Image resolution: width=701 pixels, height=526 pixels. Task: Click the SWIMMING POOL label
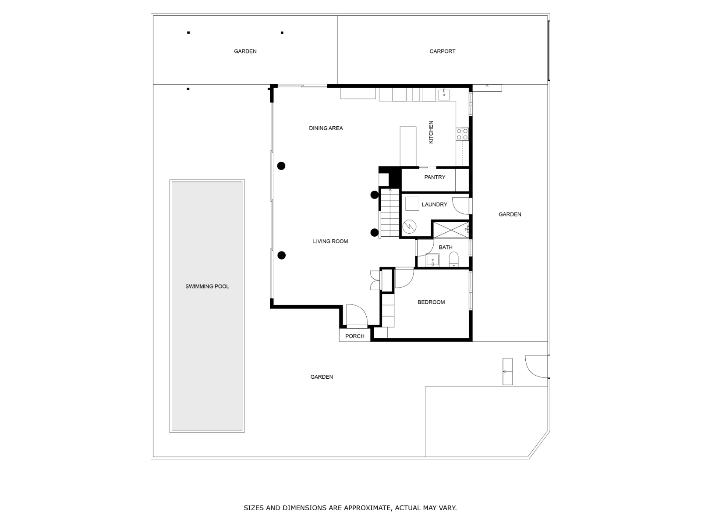pos(207,287)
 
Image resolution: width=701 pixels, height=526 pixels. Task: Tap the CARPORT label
pos(442,51)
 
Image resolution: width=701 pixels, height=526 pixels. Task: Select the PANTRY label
pos(435,177)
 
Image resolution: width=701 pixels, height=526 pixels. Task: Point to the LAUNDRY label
pos(434,205)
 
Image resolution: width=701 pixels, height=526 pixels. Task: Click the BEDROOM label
pos(431,302)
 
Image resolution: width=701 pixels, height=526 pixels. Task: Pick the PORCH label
pos(354,336)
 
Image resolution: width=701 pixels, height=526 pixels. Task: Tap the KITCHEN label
pos(431,132)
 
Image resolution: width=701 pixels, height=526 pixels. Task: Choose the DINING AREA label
pos(326,128)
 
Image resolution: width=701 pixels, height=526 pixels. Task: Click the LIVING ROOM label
pos(330,242)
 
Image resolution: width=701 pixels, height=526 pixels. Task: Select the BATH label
pos(446,248)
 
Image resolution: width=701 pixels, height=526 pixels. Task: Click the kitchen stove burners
pos(462,134)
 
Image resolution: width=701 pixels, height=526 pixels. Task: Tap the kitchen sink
pos(444,94)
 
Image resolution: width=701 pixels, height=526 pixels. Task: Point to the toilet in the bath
pos(453,259)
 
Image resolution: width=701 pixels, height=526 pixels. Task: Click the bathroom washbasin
pos(432,260)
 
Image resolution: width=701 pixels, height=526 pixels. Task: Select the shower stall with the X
pos(450,229)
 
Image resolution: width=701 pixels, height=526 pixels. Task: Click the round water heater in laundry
pos(409,227)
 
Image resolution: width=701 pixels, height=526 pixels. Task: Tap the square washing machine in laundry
pos(412,204)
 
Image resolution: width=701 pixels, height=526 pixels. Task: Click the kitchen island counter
pos(408,146)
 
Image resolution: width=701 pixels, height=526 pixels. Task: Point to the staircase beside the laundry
pos(389,213)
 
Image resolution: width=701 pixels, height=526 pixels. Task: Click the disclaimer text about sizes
pos(350,508)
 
